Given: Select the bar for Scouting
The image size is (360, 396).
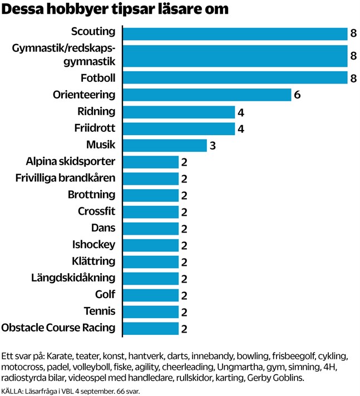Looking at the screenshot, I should (234, 33).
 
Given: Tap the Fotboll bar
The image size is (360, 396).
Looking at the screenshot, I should (234, 78).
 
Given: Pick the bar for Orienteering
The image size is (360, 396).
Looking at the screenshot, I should (206, 95).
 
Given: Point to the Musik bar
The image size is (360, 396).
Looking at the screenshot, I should (164, 145).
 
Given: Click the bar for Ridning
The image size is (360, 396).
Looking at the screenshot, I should (178, 112).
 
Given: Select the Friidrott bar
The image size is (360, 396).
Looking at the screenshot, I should (178, 128).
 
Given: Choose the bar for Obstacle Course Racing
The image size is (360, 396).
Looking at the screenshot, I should (150, 328).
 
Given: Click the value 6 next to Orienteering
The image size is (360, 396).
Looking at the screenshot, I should (297, 95).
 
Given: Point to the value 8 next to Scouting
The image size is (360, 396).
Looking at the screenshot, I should (353, 34).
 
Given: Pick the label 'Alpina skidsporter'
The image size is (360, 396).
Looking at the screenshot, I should (70, 161).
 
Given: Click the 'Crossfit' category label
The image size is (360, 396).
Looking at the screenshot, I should (96, 211).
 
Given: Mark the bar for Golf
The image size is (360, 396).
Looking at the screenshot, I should (150, 295).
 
